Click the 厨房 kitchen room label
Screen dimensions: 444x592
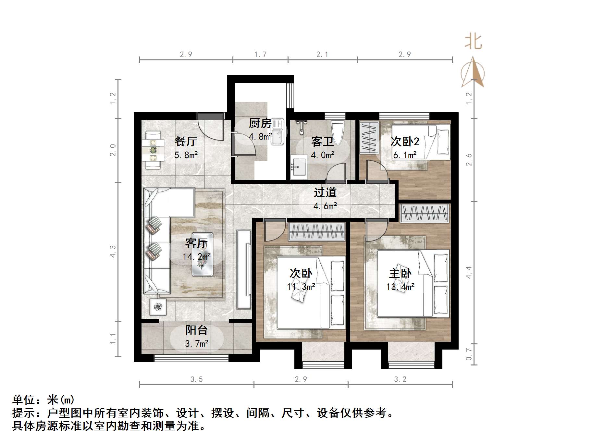tap(260, 123)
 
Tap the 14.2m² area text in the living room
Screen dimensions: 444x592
tap(197, 257)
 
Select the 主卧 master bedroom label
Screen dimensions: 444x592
tap(400, 273)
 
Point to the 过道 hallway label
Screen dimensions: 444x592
tap(325, 193)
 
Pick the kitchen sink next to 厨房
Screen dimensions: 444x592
tap(277, 131)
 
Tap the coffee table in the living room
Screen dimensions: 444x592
tap(203, 254)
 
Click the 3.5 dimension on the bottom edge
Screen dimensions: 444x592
tap(196, 379)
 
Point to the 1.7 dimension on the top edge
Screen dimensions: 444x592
tap(260, 55)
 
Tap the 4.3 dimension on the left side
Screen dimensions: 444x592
tap(113, 252)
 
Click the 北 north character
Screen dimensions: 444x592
tap(473, 42)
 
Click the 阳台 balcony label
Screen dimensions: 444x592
tap(197, 330)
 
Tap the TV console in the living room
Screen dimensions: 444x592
tap(244, 269)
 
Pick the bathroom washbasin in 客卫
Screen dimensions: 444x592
tap(299, 167)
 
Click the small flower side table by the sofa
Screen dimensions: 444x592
tap(158, 307)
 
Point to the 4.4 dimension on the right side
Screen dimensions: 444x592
tap(469, 272)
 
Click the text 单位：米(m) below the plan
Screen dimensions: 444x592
tap(43, 400)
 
